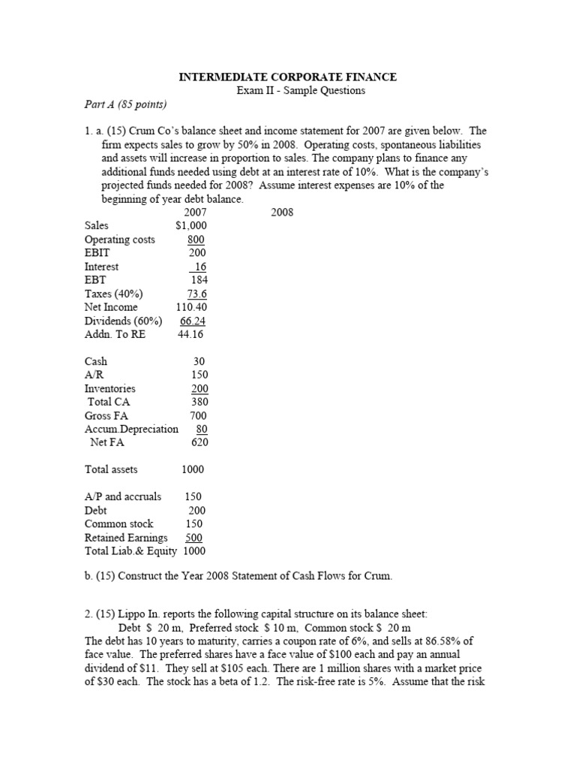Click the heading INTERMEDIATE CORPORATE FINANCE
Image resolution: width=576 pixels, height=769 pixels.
287,77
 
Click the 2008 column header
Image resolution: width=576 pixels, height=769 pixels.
282,213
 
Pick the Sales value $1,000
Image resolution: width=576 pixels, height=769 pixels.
190,225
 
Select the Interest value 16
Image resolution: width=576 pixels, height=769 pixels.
199,267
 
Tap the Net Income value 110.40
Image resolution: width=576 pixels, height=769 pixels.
191,307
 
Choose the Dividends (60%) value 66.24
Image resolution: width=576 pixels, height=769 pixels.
193,321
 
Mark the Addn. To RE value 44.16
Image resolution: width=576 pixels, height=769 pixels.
190,334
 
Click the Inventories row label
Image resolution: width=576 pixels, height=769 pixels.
110,388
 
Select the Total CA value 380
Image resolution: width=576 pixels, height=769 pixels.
198,402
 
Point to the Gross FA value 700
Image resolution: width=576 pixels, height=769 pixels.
198,415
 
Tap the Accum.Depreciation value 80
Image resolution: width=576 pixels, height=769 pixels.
201,429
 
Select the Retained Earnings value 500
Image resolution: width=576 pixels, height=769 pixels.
193,538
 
